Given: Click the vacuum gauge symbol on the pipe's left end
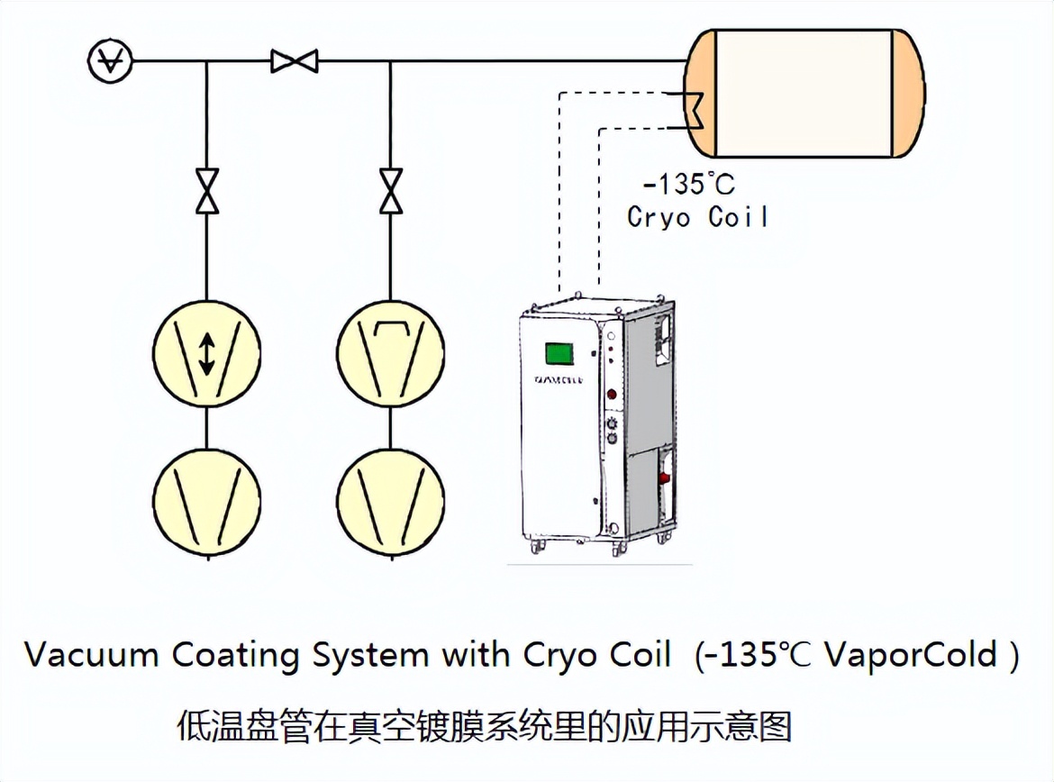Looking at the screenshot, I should click(x=110, y=61).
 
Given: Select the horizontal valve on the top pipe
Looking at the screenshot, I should click(x=294, y=61).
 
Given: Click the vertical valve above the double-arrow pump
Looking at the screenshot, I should click(x=207, y=191).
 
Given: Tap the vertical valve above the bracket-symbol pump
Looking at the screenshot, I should click(x=390, y=191).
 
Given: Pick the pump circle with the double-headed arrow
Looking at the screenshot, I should click(x=207, y=353).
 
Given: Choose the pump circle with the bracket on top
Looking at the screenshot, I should click(x=390, y=353).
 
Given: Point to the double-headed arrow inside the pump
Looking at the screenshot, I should click(x=207, y=353).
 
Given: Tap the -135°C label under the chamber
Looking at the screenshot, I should click(x=687, y=185).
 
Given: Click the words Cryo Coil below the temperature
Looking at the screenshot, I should click(x=697, y=217).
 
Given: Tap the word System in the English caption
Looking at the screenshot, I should click(x=369, y=656).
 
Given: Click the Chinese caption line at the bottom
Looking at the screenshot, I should click(x=484, y=725).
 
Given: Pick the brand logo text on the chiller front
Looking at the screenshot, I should click(x=558, y=380).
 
